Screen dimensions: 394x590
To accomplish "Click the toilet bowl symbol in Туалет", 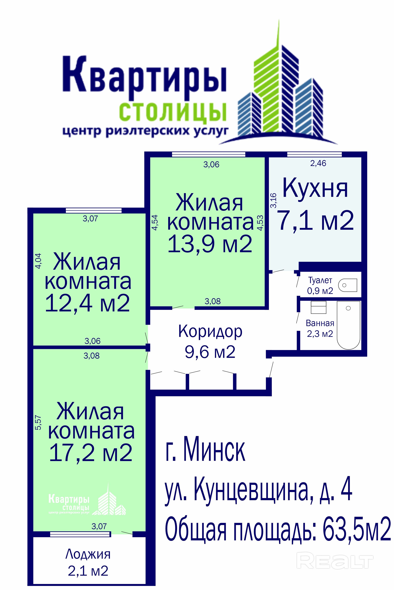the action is click(x=348, y=285).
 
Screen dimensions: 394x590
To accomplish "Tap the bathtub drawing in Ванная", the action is click(x=348, y=325).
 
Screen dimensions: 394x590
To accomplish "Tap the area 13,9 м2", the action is click(x=210, y=244).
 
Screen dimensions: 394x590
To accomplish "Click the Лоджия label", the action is click(x=88, y=554).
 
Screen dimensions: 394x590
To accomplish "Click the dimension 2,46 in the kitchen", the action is click(x=318, y=163).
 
